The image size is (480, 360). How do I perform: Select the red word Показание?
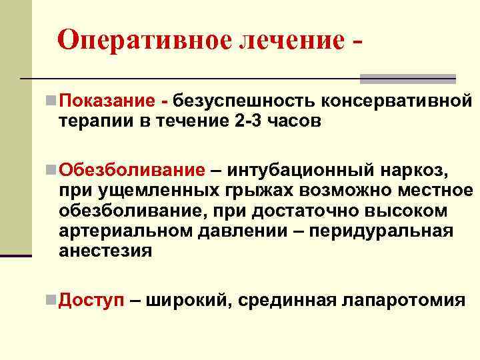click(107, 102)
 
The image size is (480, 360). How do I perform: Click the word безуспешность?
click(245, 102)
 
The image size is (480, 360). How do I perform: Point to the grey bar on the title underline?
click(407, 78)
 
